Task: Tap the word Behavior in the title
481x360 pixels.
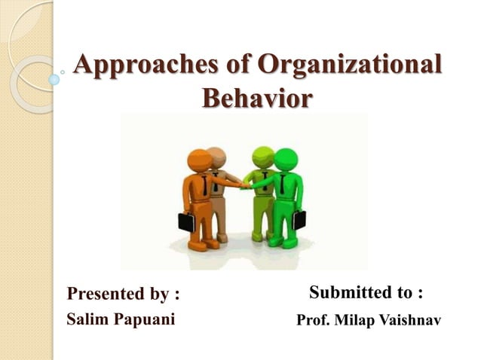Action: pos(256,98)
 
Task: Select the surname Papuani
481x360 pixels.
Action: pos(146,319)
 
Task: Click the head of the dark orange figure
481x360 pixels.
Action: pos(200,161)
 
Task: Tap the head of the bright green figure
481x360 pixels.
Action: pos(286,160)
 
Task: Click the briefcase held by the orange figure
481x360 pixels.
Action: pos(186,221)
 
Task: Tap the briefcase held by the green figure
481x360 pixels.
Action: pos(299,218)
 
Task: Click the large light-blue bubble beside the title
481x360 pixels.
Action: pos(54,78)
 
